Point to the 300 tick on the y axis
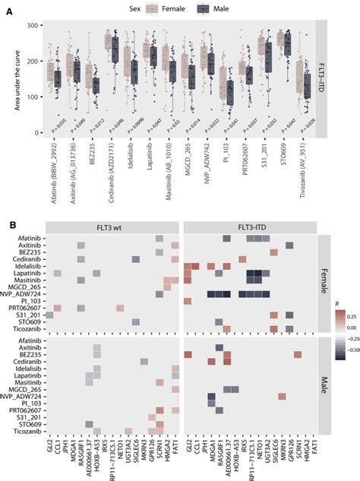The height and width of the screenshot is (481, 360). [x=33, y=26]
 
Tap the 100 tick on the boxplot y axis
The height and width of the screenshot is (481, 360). [x=33, y=97]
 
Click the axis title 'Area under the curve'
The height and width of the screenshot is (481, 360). [x=17, y=80]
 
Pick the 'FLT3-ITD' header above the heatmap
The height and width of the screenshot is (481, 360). [x=250, y=227]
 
